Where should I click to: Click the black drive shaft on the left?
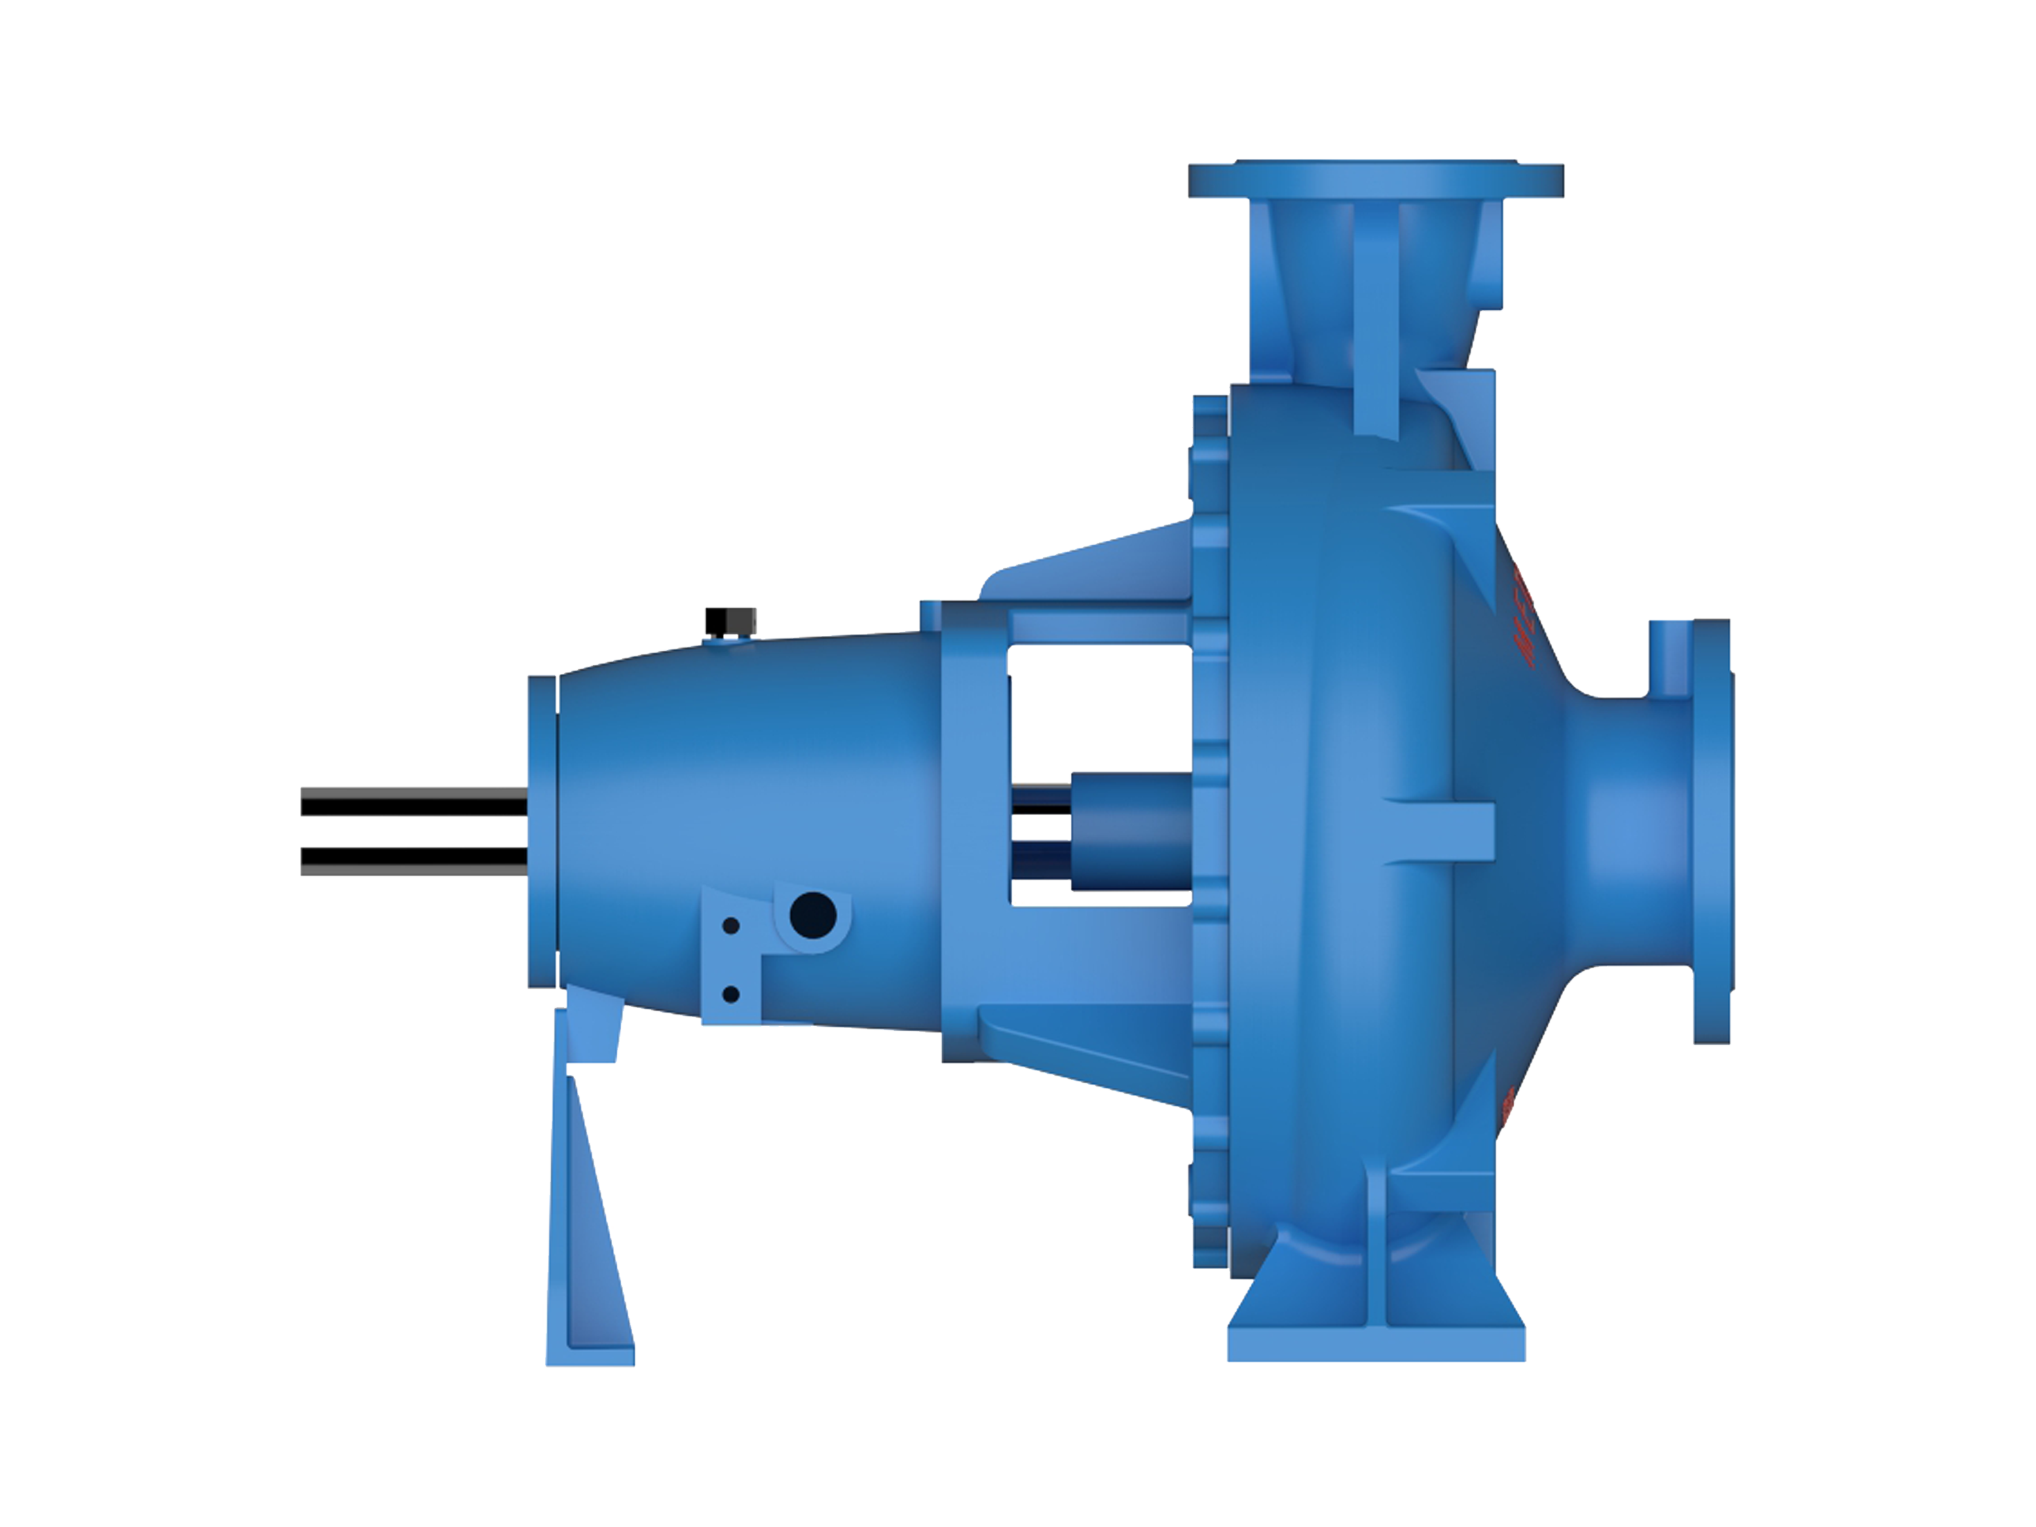[x=414, y=833]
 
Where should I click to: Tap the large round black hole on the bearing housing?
[x=813, y=915]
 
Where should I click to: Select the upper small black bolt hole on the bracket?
[x=731, y=926]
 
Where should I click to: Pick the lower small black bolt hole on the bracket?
[x=732, y=994]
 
